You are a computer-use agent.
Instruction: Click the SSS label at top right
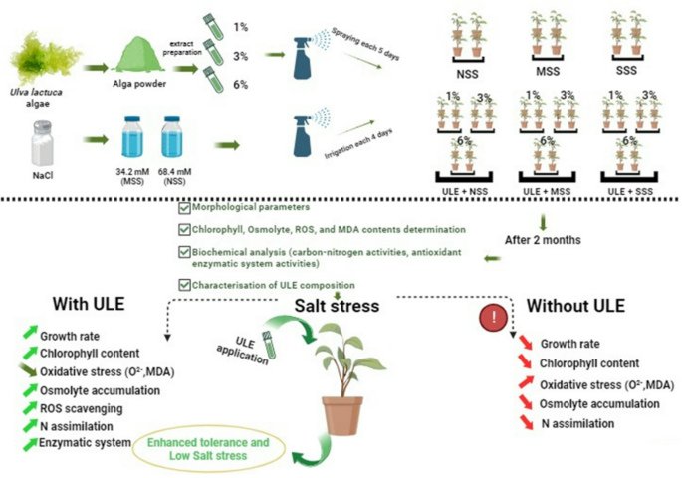[x=628, y=71]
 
